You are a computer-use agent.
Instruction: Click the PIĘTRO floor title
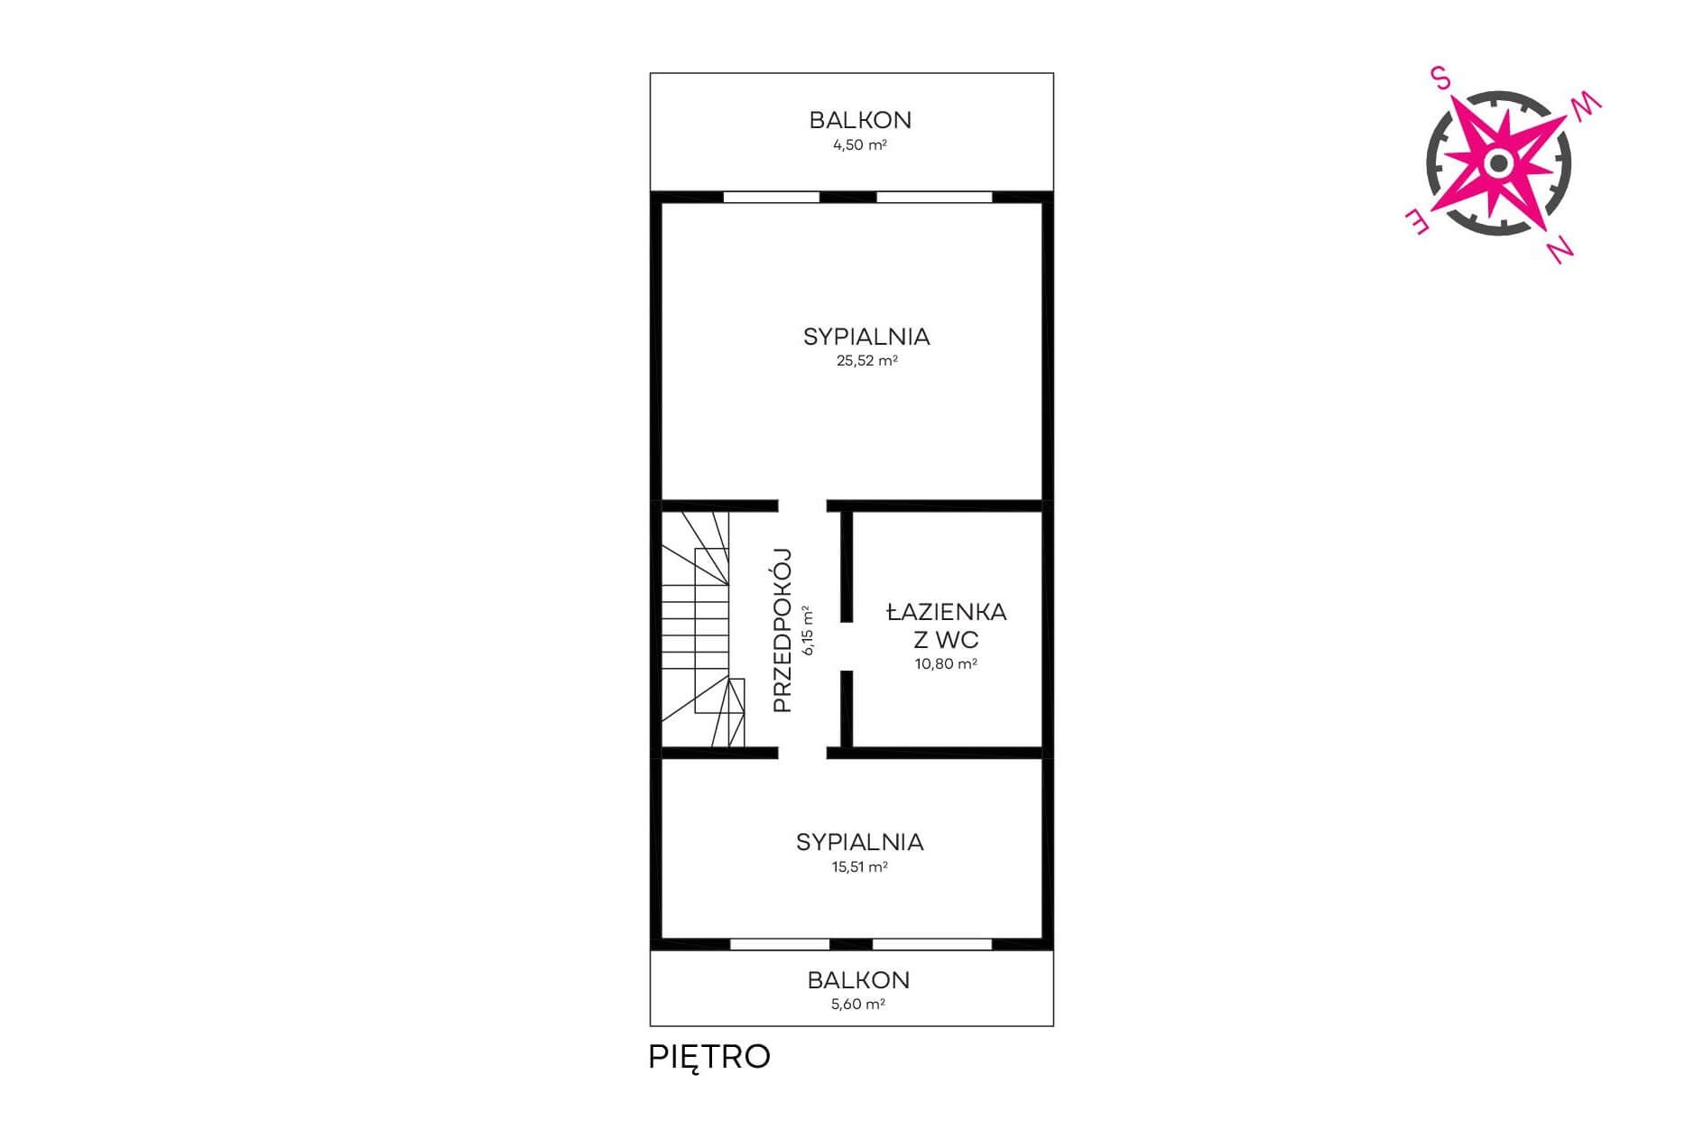click(709, 1057)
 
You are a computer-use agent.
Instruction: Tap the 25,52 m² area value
click(866, 361)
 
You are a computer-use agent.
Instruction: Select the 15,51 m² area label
click(859, 866)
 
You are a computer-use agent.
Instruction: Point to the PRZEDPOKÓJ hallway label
click(782, 630)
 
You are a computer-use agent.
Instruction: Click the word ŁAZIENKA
click(946, 611)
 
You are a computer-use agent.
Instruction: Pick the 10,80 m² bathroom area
click(946, 663)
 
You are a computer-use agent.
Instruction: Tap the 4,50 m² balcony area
click(859, 144)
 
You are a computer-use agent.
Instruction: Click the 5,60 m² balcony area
click(857, 1004)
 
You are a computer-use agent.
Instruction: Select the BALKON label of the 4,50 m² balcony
click(860, 119)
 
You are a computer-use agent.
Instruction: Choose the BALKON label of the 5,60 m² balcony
click(858, 979)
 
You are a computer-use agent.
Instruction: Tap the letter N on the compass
click(1560, 250)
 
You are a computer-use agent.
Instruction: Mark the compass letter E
click(1415, 223)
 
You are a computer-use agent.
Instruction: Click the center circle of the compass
click(1498, 163)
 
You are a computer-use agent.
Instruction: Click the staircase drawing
click(704, 629)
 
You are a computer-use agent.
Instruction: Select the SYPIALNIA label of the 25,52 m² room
click(866, 337)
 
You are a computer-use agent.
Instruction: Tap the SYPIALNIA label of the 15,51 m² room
click(859, 842)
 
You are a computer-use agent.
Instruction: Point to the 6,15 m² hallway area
click(808, 630)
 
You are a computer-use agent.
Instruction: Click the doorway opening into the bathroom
click(847, 646)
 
